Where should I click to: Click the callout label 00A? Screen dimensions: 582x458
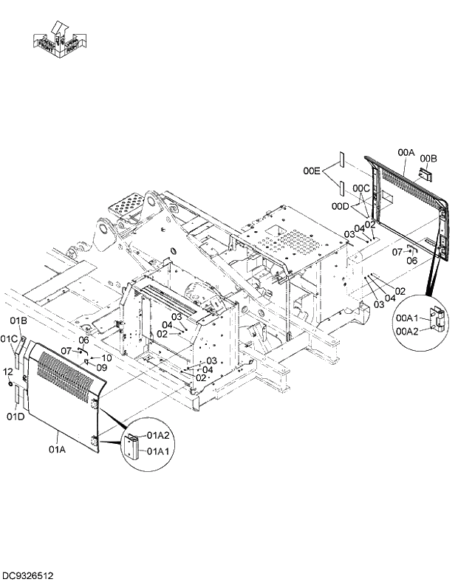pos(406,152)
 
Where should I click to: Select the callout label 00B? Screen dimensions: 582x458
pos(428,159)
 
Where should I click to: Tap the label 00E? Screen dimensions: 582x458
pos(311,171)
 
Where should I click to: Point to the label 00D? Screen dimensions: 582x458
pos(340,205)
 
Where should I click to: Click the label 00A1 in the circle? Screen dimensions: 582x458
pos(407,318)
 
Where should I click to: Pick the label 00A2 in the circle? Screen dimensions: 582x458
pos(407,332)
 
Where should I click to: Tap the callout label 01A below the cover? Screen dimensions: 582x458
pos(58,448)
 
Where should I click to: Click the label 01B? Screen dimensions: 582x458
pos(18,321)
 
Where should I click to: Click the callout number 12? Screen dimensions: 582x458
pos(9,372)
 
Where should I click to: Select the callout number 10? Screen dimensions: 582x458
pos(106,357)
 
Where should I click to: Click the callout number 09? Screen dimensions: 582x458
pos(102,367)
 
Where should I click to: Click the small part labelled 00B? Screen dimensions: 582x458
pos(426,173)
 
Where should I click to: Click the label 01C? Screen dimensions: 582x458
pos(9,338)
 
